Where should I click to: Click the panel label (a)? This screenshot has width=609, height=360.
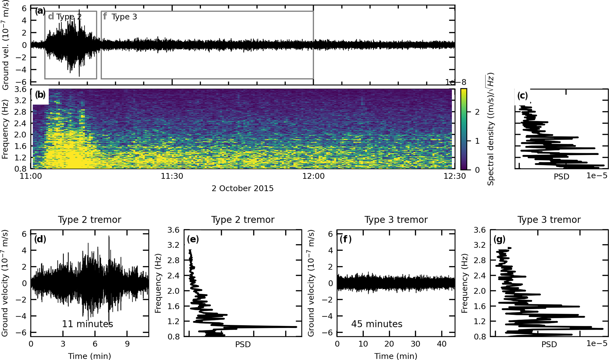(40, 11)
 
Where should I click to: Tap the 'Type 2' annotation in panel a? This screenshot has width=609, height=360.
(69, 17)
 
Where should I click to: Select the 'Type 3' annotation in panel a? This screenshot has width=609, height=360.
(124, 17)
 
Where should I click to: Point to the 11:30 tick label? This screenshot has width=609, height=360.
(172, 176)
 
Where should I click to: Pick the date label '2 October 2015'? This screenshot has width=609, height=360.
(242, 189)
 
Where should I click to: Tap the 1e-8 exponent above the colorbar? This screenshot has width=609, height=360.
(455, 82)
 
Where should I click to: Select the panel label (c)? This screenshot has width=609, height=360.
(522, 96)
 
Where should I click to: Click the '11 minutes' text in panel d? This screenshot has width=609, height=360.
(88, 324)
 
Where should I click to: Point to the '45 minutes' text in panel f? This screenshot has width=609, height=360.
(377, 324)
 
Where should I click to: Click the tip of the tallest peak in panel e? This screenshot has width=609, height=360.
(296, 327)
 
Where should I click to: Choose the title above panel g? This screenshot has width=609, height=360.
(549, 220)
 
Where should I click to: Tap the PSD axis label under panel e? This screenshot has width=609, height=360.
(243, 344)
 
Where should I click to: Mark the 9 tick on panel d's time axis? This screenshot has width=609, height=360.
(127, 344)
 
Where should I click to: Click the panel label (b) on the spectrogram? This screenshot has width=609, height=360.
(40, 95)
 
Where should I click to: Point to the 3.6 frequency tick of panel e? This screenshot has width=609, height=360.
(173, 230)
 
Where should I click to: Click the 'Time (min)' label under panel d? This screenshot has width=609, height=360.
(90, 356)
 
